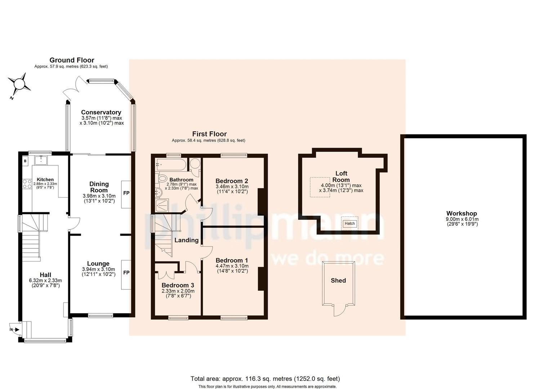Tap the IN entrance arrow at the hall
[14, 329]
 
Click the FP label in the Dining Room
[126, 193]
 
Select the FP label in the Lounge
[126, 273]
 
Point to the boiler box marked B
[25, 161]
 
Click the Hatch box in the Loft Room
[350, 223]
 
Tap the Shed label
[338, 281]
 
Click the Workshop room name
[462, 214]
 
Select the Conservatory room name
[101, 112]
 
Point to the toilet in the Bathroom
[162, 178]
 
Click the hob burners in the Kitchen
[27, 184]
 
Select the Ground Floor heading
[72, 60]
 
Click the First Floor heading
[209, 134]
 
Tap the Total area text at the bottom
[265, 379]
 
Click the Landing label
[186, 240]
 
